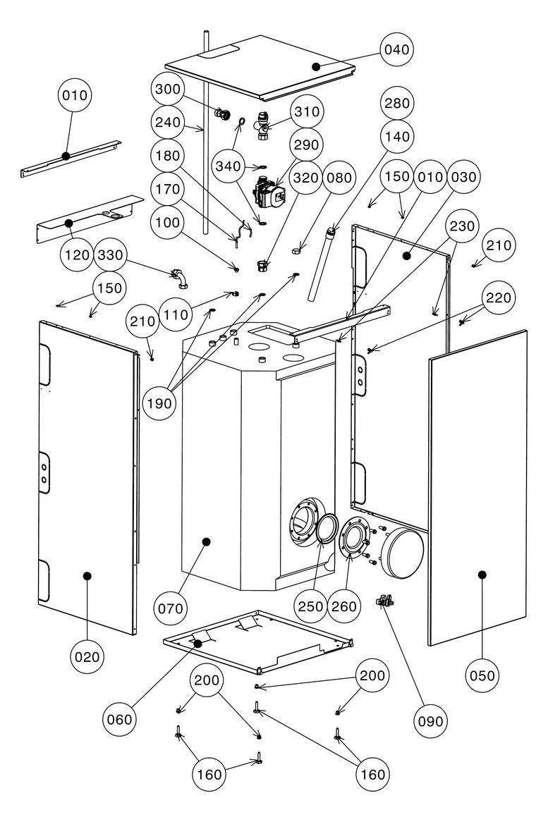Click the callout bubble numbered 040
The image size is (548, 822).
click(397, 50)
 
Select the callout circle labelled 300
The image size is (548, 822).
click(168, 89)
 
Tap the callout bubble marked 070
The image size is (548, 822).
click(171, 608)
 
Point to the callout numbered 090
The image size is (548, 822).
click(430, 721)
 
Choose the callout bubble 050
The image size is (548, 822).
click(482, 675)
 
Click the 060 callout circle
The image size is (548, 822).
click(120, 719)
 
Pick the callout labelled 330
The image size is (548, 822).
click(110, 255)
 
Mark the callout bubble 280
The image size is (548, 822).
click(397, 103)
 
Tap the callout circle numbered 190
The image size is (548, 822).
click(159, 403)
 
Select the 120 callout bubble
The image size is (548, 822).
click(77, 255)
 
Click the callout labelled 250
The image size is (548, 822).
click(311, 606)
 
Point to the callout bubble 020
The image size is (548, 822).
click(87, 656)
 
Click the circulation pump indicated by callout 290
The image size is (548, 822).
click(268, 192)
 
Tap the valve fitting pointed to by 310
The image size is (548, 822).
click(262, 126)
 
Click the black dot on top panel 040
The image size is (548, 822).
click(316, 66)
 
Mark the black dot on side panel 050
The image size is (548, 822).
click(482, 575)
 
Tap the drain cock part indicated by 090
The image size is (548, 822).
click(385, 600)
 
